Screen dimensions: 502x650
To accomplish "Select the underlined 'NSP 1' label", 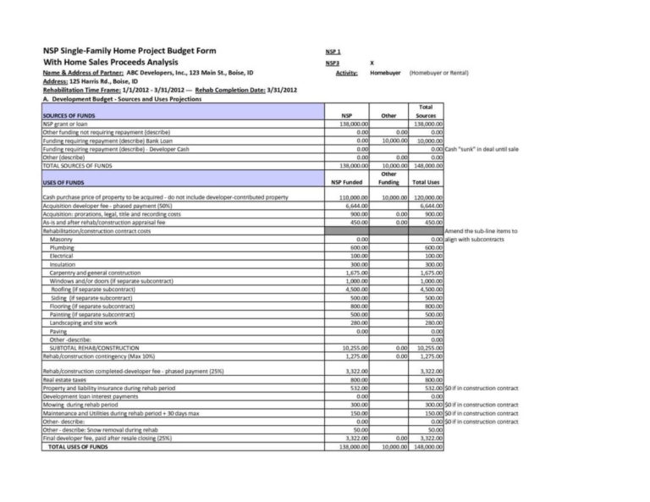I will tap(333, 52).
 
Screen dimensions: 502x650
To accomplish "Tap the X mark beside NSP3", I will tap(372, 63).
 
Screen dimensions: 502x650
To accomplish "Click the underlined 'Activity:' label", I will tap(346, 73).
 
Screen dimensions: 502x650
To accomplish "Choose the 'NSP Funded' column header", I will tap(346, 182).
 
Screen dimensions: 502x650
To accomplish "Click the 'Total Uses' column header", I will tap(426, 182).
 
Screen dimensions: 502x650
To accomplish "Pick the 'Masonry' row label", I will tap(61, 240).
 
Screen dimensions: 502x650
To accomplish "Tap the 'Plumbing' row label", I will tap(62, 247).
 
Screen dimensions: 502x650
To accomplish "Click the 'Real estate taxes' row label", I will tap(69, 380).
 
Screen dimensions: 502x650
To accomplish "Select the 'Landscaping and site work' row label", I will tap(83, 323).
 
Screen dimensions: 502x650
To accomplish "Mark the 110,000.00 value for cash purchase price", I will tap(351, 197).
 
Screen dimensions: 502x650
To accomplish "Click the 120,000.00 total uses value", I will tap(427, 197).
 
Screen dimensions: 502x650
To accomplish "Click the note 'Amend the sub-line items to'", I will tap(481, 231).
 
